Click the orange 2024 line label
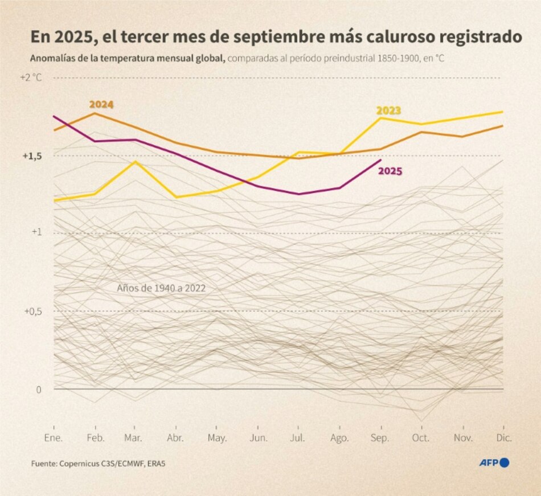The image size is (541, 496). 101,104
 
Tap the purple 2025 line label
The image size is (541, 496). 390,170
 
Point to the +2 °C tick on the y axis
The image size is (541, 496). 31,77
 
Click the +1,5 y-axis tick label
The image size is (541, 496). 32,155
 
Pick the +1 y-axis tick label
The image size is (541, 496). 36,232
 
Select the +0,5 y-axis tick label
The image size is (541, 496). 32,311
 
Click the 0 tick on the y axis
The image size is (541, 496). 39,390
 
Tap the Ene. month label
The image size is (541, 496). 54,438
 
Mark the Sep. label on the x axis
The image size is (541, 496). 380,438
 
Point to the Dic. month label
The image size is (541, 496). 503,438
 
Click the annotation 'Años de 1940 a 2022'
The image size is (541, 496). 161,288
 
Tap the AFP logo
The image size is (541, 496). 493,463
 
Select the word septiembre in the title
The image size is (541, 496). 290,38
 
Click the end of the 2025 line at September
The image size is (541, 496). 380,160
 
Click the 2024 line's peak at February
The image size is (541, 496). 95,113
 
